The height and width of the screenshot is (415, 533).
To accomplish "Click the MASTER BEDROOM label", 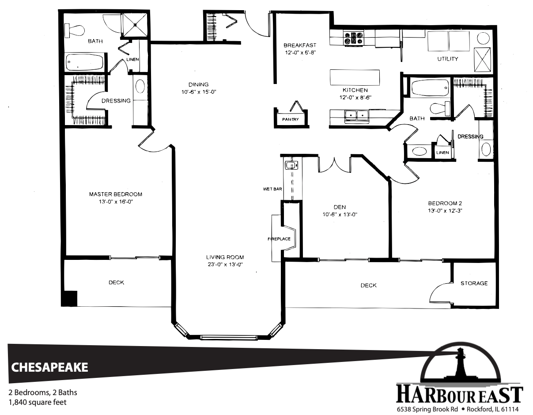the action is [x=116, y=194].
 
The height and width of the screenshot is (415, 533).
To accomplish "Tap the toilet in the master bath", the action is [x=74, y=30].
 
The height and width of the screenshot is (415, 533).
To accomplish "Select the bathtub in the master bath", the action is [x=85, y=62].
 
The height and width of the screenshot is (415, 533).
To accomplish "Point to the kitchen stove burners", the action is [x=353, y=38].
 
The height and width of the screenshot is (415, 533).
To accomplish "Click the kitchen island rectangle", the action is [x=355, y=77].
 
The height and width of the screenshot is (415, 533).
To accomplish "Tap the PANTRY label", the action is [x=291, y=119].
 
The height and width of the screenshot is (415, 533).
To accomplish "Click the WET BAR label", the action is [x=272, y=189].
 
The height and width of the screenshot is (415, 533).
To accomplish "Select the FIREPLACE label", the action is [x=279, y=239].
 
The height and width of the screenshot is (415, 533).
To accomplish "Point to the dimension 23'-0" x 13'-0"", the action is [x=225, y=265].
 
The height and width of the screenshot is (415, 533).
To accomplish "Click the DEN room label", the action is [x=340, y=207].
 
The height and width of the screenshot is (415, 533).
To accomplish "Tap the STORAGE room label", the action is [x=474, y=283].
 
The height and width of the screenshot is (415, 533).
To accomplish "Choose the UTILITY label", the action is [x=448, y=59].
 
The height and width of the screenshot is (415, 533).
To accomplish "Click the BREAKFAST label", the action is [x=300, y=46].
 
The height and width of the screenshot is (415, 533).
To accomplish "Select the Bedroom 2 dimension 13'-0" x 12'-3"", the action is [x=445, y=211].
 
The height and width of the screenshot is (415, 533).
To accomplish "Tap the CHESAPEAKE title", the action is [x=49, y=367].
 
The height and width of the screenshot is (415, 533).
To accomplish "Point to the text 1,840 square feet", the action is [x=38, y=403].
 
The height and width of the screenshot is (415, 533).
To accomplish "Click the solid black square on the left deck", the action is [x=69, y=298].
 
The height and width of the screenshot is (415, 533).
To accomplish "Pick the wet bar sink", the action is [x=291, y=165].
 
